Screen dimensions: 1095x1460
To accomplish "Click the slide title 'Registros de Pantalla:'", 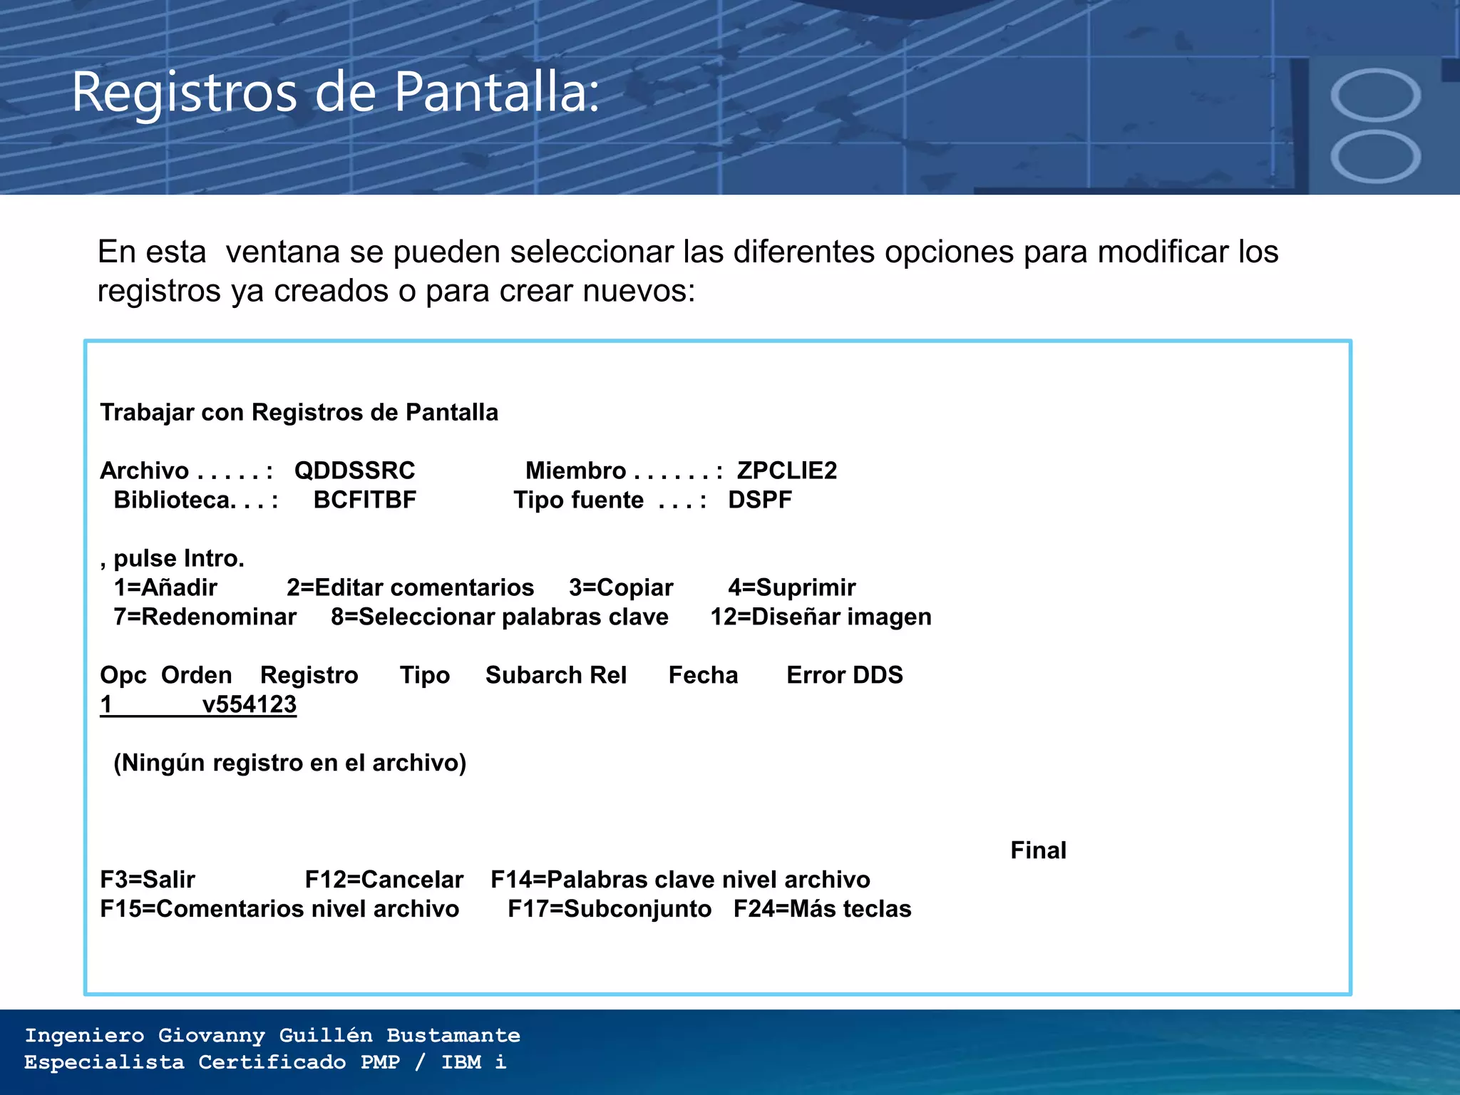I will [335, 93].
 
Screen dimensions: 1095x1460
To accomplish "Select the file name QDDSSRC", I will [354, 471].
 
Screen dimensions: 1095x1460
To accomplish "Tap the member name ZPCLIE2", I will [786, 471].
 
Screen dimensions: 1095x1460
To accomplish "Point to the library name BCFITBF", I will [364, 500].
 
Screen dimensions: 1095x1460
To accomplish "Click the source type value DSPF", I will [759, 500].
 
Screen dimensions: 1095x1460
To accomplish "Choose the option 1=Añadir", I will [165, 587].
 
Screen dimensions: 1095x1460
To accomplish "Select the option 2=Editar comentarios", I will [410, 587].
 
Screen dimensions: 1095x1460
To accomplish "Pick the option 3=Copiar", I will [620, 587].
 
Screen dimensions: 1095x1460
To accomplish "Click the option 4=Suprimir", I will [791, 587].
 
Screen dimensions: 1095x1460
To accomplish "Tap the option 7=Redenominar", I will [205, 617].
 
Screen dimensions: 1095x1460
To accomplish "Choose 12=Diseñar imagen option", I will [821, 617].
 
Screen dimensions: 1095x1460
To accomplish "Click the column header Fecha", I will [703, 675].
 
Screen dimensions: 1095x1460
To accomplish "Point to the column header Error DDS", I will [844, 675].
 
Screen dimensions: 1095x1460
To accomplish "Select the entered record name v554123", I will [249, 704].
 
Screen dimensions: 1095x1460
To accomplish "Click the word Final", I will [1038, 850].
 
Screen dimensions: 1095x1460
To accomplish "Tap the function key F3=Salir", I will [148, 880].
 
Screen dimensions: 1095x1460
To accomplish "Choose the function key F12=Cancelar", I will [384, 880].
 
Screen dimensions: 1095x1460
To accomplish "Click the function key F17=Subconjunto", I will [609, 909].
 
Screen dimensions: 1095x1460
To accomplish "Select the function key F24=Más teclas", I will [822, 909].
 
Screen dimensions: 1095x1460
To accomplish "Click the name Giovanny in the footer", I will [211, 1035].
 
